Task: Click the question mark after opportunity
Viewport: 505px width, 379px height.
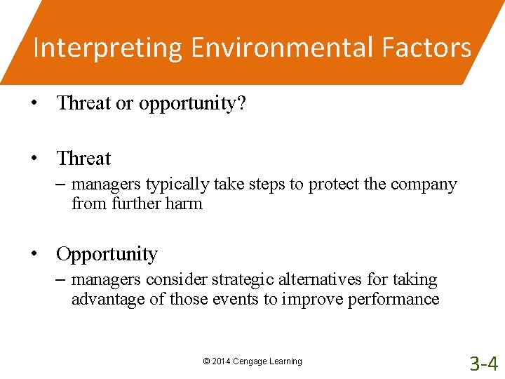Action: pyautogui.click(x=241, y=103)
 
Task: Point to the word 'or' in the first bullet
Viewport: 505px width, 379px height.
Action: pyautogui.click(x=124, y=103)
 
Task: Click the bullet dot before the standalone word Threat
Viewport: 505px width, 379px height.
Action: pyautogui.click(x=34, y=159)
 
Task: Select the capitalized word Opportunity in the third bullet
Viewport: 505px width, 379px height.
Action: pyautogui.click(x=107, y=254)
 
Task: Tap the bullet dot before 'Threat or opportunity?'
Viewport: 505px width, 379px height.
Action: pyautogui.click(x=34, y=103)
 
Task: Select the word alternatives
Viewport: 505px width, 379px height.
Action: pyautogui.click(x=320, y=280)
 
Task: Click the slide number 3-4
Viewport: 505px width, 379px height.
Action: pyautogui.click(x=484, y=364)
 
